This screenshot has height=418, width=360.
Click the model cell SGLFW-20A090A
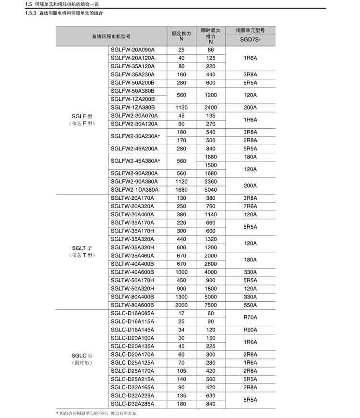132,50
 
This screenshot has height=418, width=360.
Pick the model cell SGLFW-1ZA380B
133,107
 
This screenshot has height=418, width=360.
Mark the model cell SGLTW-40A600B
132,271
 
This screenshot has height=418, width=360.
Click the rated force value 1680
181,189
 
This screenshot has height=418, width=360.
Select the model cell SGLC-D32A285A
132,404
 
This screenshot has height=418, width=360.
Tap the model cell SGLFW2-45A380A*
135,161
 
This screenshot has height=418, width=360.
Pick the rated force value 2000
181,305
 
